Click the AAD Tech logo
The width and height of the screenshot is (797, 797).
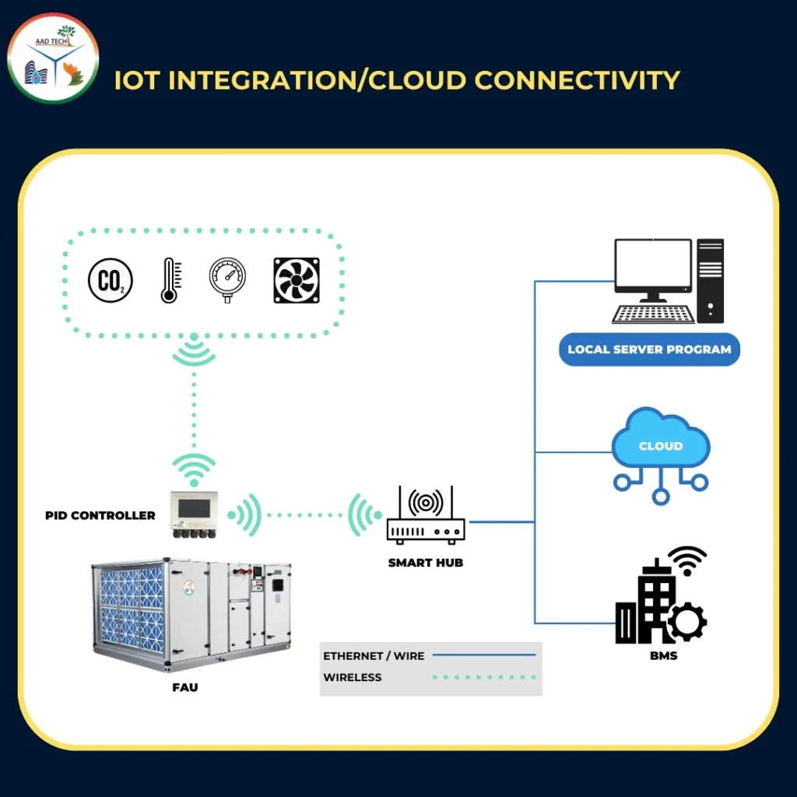coord(53,58)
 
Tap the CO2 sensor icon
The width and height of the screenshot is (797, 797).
coord(110,280)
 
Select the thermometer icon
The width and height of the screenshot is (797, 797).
coord(170,280)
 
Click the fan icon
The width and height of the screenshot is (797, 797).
coord(297,280)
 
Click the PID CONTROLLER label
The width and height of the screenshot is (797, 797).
coord(100,515)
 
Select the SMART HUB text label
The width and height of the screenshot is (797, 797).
coord(426,562)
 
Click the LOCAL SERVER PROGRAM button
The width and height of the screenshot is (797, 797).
coord(649,349)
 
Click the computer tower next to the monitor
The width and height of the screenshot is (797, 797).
coord(710,280)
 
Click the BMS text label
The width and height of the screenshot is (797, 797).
coord(663,655)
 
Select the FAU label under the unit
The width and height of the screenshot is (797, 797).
coord(185,687)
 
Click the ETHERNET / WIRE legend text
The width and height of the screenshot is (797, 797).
coord(374,656)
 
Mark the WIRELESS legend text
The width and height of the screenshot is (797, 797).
coord(353,677)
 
